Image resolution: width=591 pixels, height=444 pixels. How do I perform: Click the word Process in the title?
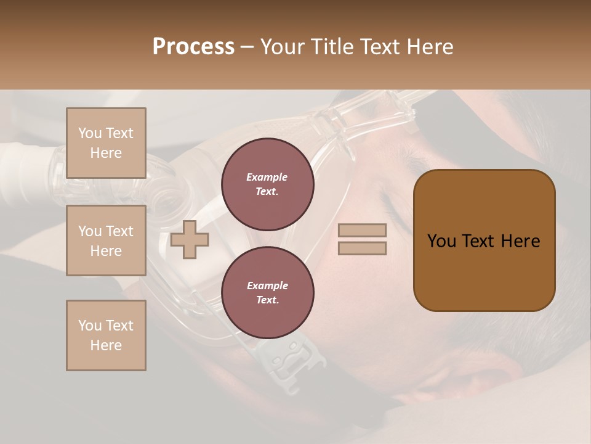[x=193, y=47]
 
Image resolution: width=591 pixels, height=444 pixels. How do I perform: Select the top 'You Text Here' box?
[x=106, y=143]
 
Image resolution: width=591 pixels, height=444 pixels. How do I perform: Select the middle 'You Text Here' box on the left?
[x=106, y=240]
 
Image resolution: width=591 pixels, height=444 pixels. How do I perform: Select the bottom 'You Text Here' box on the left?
[x=106, y=335]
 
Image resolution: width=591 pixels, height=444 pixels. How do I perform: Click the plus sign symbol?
[x=190, y=240]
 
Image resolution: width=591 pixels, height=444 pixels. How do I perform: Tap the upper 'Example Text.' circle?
[x=267, y=184]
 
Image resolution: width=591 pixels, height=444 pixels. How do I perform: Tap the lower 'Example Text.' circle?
[x=267, y=293]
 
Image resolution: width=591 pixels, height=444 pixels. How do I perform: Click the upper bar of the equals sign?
[x=362, y=230]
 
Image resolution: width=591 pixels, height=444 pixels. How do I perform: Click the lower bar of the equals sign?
[x=362, y=248]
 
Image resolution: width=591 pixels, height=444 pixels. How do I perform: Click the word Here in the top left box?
[x=106, y=153]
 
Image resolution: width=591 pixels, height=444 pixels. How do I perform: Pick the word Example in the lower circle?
[x=267, y=286]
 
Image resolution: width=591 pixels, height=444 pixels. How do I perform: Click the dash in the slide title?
[x=247, y=47]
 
